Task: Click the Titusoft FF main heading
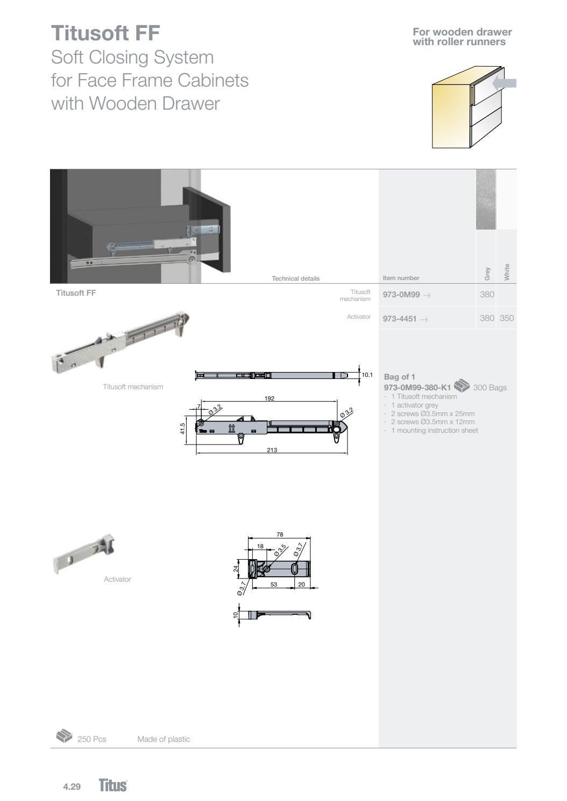[x=105, y=33]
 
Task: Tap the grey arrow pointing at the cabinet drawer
[x=505, y=83]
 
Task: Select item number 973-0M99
[x=401, y=295]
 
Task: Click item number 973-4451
[x=400, y=319]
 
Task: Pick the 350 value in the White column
[x=506, y=318]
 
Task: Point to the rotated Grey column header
[x=487, y=273]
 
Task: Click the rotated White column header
[x=506, y=271]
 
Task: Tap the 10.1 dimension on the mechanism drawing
[x=367, y=375]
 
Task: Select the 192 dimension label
[x=270, y=398]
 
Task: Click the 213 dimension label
[x=272, y=450]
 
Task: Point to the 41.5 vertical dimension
[x=183, y=429]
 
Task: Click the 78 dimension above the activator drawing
[x=280, y=534]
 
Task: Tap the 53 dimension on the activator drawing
[x=274, y=584]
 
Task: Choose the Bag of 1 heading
[x=400, y=377]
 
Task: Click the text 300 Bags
[x=490, y=388]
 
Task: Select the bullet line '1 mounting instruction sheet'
[x=434, y=431]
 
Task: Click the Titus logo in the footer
[x=113, y=785]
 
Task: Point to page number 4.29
[x=72, y=787]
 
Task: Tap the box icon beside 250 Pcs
[x=64, y=735]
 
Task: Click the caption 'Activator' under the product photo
[x=117, y=580]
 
